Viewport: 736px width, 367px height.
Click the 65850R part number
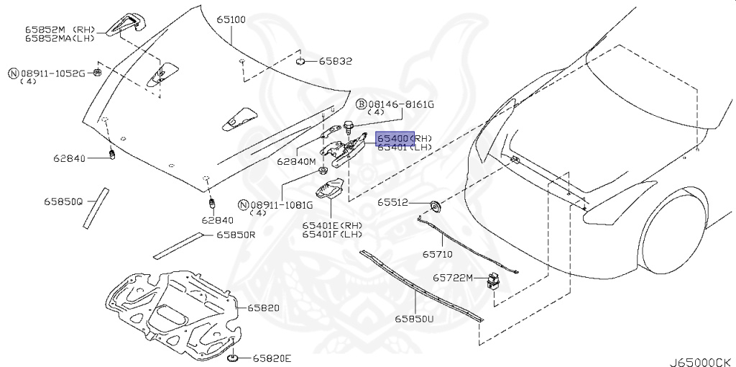(236, 235)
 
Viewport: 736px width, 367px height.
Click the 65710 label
(438, 254)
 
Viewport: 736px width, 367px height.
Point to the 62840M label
(297, 162)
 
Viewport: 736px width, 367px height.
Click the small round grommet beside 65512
(435, 207)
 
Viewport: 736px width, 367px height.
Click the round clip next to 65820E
(233, 357)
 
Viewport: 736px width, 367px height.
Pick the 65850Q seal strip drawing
(93, 208)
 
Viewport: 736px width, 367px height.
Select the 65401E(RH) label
(332, 225)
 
